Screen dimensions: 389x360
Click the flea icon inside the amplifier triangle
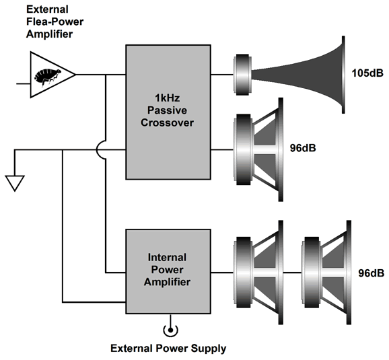[x=48, y=77]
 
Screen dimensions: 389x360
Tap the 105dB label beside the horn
[x=367, y=73]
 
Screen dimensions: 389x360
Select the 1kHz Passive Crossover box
[x=168, y=112]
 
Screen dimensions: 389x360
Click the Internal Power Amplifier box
[x=168, y=271]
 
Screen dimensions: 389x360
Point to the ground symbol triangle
[x=15, y=183]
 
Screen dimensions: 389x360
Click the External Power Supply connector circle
[x=171, y=330]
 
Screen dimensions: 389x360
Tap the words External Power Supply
[x=168, y=349]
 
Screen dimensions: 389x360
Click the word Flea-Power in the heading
[x=55, y=22]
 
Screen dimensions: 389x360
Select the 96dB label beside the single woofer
[x=303, y=148]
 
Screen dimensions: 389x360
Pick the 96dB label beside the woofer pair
[x=371, y=273]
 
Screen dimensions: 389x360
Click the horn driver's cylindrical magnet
[x=242, y=75]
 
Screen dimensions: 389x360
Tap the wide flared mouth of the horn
[x=343, y=75]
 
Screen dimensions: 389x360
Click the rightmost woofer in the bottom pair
[x=326, y=273]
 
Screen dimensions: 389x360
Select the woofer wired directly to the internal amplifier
[x=258, y=273]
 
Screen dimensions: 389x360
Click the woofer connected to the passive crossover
[x=258, y=149]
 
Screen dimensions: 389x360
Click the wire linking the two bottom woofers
[x=292, y=273]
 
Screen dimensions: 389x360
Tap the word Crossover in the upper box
[x=167, y=122]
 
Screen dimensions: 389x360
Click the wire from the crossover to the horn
[x=222, y=75]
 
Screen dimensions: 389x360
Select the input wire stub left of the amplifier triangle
[x=24, y=84]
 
